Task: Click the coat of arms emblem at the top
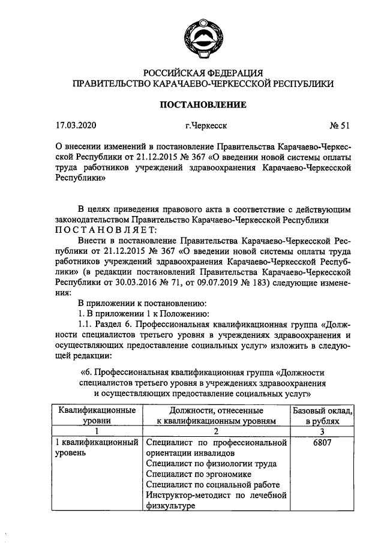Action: [x=202, y=35]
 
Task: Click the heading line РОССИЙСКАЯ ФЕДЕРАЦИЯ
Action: [x=202, y=73]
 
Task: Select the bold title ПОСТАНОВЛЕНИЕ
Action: [x=202, y=105]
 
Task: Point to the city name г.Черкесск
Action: [x=206, y=126]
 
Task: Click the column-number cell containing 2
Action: [x=215, y=431]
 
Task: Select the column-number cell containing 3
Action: [x=322, y=431]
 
